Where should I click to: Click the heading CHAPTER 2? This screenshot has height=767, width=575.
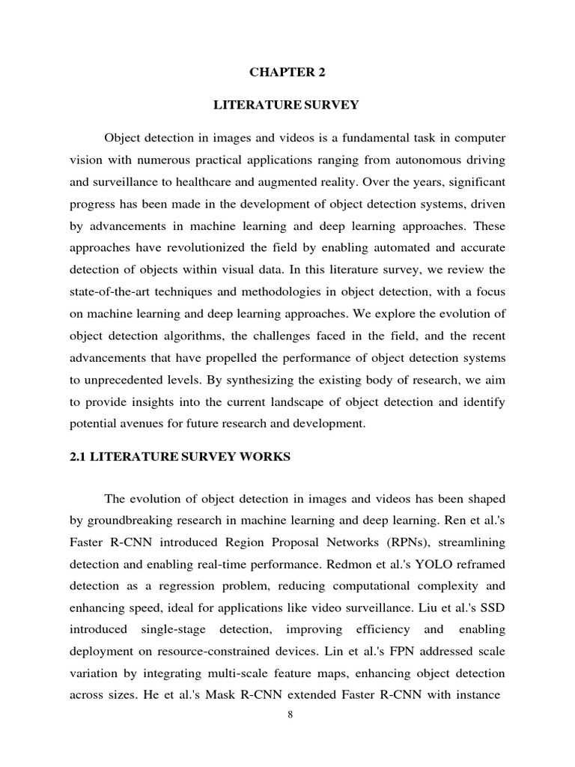pyautogui.click(x=287, y=73)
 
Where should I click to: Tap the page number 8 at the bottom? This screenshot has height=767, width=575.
pyautogui.click(x=290, y=715)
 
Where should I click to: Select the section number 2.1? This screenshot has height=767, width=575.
pyautogui.click(x=78, y=457)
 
